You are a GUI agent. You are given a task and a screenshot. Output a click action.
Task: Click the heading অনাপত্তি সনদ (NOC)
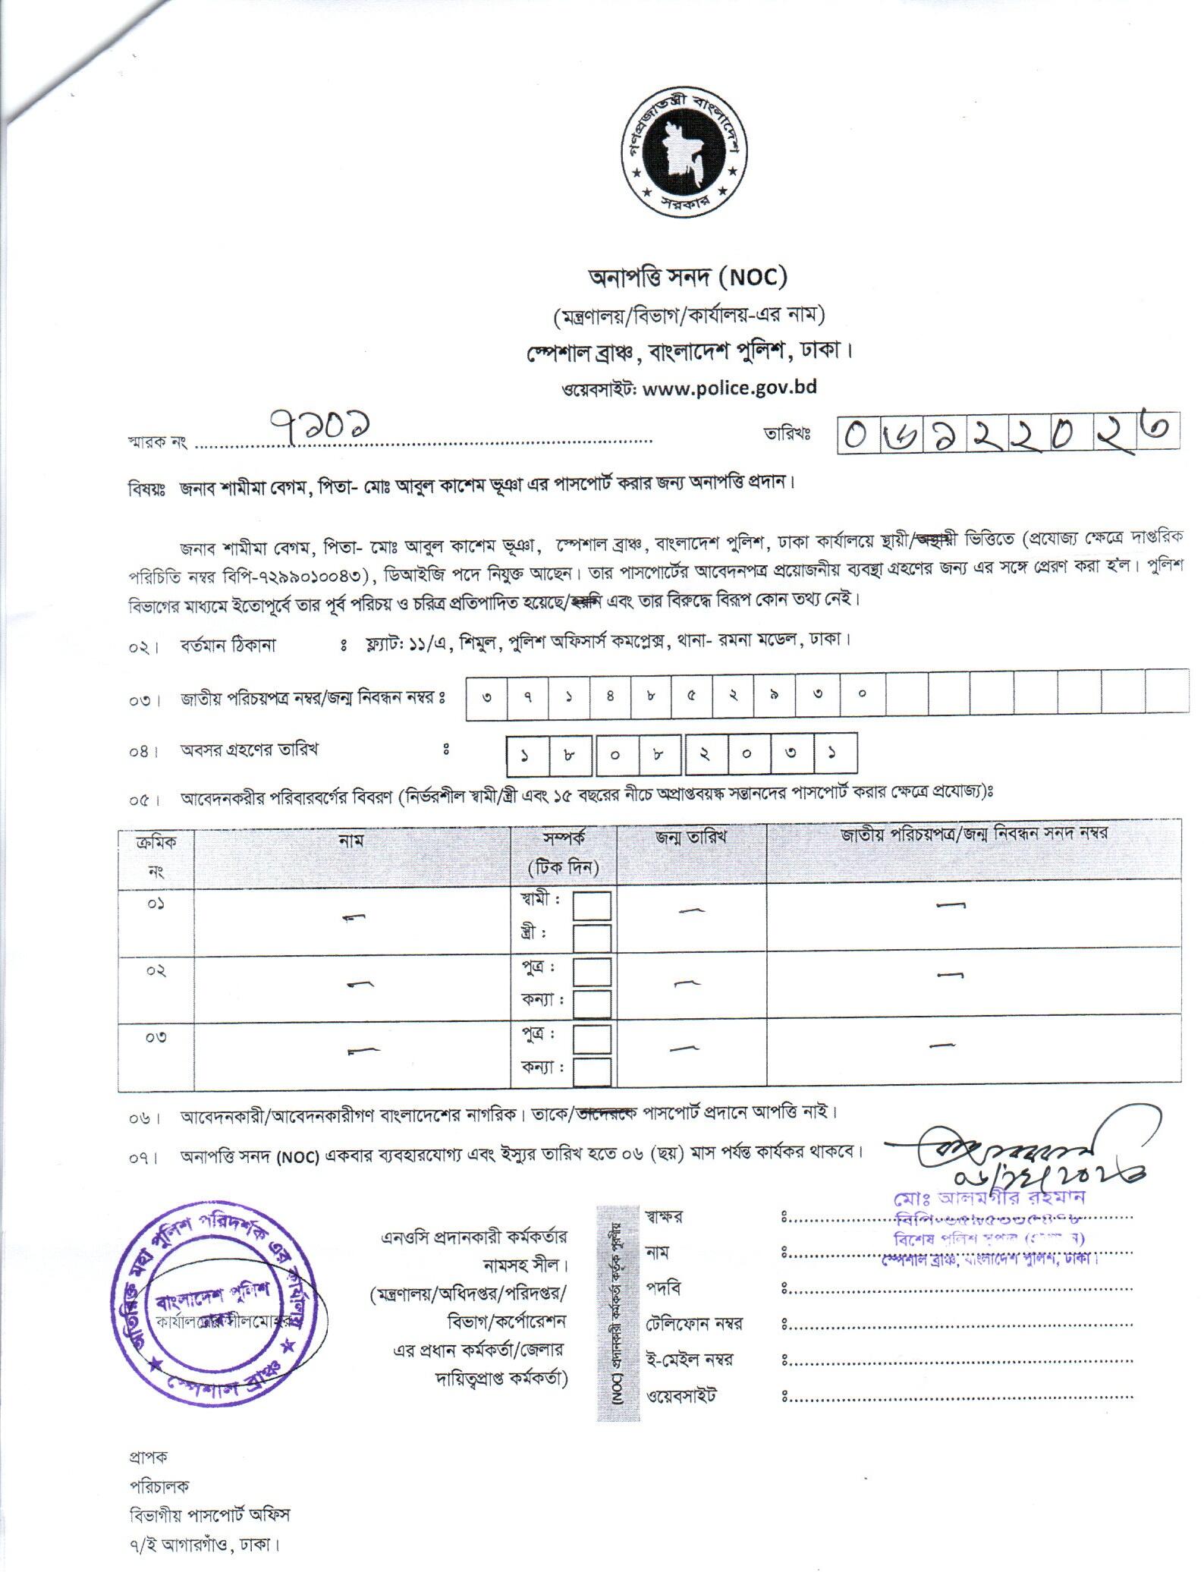(687, 278)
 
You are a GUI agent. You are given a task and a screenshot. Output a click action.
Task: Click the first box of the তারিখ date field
(857, 435)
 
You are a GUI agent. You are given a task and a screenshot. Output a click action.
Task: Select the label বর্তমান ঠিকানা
(228, 646)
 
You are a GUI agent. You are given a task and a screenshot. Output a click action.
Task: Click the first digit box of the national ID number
(486, 693)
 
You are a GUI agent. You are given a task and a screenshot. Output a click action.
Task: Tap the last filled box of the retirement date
(834, 753)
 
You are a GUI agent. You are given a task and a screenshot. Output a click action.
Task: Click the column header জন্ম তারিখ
(691, 837)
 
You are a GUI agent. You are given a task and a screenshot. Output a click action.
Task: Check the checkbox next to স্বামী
(592, 906)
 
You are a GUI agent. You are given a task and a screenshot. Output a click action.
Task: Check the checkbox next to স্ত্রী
(592, 938)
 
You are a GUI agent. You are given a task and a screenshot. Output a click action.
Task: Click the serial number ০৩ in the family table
(156, 1037)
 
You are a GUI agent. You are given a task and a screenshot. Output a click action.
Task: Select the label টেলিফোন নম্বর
(693, 1323)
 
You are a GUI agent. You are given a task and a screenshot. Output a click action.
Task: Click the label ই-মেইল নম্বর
(689, 1359)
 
